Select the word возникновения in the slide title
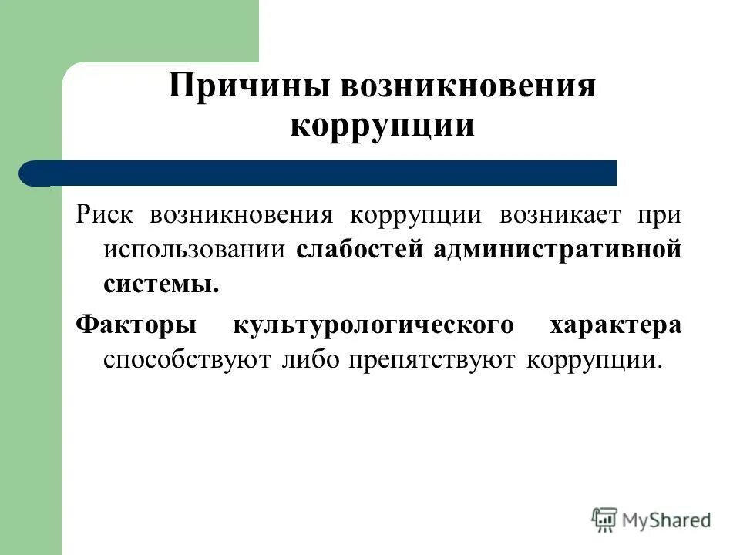coord(465,85)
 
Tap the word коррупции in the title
coord(382,124)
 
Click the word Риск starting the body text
coord(106,214)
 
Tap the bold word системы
coord(161,284)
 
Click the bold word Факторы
coord(136,325)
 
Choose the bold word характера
coord(615,325)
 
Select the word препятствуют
coord(431,360)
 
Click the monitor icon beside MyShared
coord(605,520)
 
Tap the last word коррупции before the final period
coord(590,360)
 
